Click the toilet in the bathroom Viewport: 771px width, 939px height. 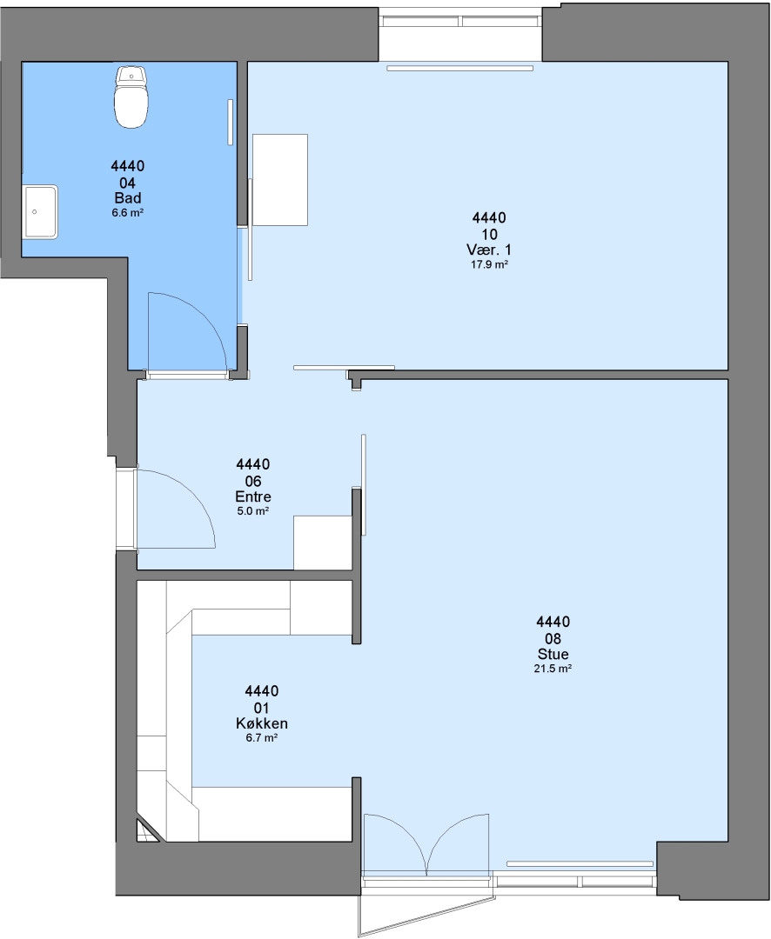[131, 97]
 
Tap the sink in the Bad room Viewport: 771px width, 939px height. [40, 212]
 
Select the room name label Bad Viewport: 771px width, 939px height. [128, 198]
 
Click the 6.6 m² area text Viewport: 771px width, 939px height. [128, 213]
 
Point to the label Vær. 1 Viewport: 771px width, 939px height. [489, 250]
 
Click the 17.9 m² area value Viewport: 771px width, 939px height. [489, 264]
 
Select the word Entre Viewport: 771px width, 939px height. [253, 496]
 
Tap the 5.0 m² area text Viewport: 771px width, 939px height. [253, 511]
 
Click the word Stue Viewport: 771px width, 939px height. [553, 654]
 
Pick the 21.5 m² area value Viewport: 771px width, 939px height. [553, 669]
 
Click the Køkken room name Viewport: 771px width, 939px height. [261, 723]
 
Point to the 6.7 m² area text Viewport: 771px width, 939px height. [261, 738]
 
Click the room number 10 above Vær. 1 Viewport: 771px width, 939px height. [489, 234]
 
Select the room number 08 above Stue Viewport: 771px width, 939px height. [553, 638]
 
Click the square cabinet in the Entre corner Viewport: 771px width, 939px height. [322, 543]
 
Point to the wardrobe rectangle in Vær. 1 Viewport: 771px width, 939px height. [280, 180]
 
